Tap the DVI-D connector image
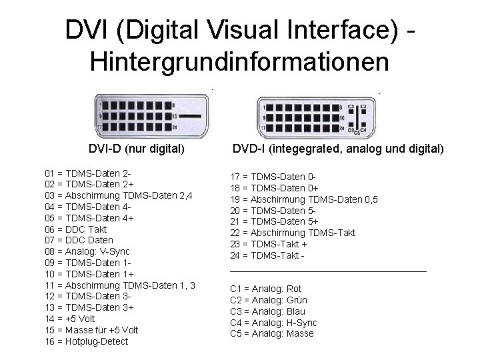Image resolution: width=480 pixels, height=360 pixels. (x=155, y=116)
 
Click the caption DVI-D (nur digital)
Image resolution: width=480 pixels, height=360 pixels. (x=136, y=149)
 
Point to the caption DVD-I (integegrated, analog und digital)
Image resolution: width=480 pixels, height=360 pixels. (x=338, y=149)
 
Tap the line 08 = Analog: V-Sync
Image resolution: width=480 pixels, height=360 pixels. (x=87, y=251)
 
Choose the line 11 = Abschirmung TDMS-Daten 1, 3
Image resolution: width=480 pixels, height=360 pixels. (x=120, y=285)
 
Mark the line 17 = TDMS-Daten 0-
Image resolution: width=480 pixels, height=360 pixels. (x=273, y=176)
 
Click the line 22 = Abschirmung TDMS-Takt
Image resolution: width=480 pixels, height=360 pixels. (x=293, y=233)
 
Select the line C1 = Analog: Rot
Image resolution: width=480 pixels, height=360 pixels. (x=265, y=289)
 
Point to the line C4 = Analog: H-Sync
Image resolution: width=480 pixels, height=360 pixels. (x=273, y=323)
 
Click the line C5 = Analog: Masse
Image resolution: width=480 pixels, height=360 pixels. (x=271, y=333)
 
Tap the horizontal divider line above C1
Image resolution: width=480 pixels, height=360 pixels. (x=327, y=271)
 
